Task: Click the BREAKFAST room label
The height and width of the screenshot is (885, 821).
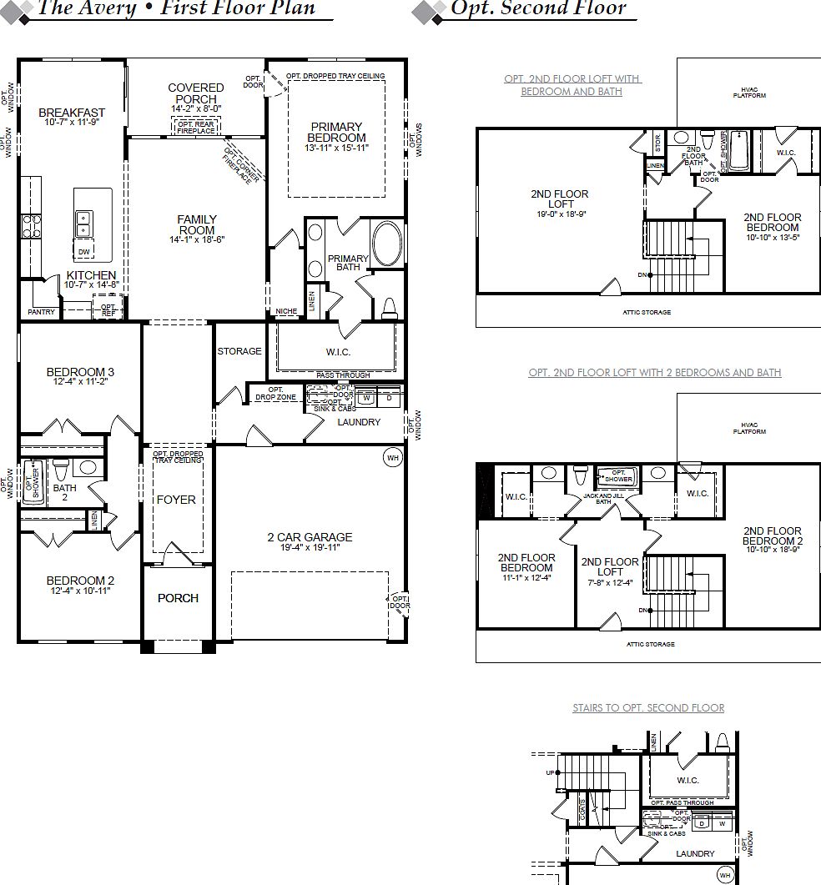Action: [x=72, y=113]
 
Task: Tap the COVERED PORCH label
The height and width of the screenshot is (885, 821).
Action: [x=196, y=93]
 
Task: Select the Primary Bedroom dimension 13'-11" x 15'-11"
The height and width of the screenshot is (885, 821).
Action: [x=336, y=148]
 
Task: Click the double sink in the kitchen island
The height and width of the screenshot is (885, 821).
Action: [x=84, y=223]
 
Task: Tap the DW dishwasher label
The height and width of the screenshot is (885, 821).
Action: [x=83, y=251]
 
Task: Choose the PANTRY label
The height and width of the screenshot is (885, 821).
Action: [x=41, y=312]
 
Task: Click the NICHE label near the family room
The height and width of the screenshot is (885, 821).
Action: [x=286, y=312]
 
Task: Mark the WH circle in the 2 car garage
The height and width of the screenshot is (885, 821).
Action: [x=392, y=456]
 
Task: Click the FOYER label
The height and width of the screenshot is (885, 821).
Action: [x=177, y=500]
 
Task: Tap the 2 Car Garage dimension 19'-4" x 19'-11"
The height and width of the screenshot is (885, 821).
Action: [x=310, y=547]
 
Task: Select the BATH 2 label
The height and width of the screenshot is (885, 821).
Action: [x=65, y=492]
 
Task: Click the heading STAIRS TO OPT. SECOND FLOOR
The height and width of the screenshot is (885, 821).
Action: [x=648, y=707]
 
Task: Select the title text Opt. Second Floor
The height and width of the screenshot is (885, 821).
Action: [x=537, y=9]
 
